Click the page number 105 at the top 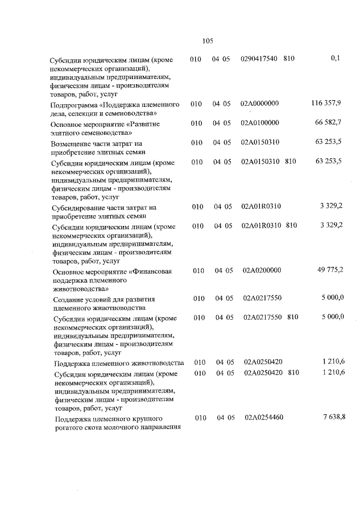(x=207, y=40)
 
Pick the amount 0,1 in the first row (x=334, y=59)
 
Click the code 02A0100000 (x=259, y=123)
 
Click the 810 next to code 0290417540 (x=289, y=59)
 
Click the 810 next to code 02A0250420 (x=293, y=373)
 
